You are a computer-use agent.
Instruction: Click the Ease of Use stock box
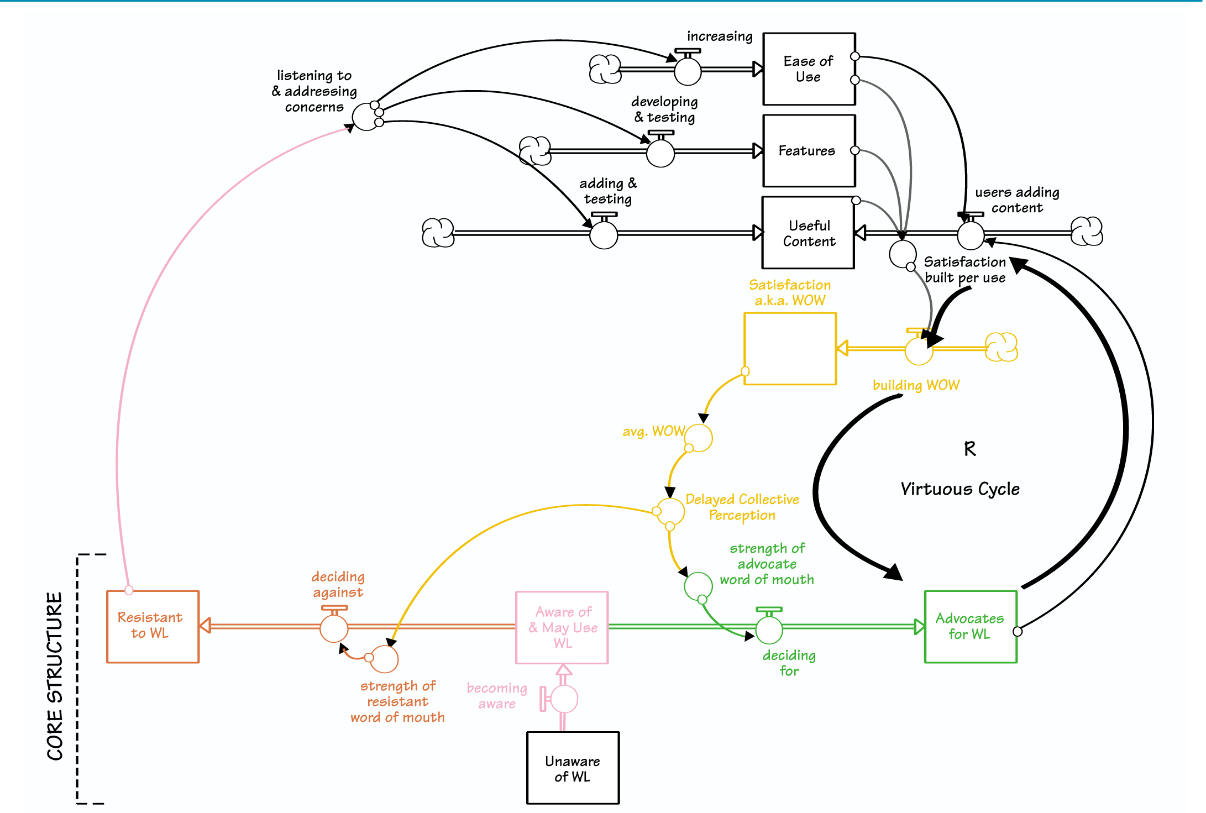click(809, 69)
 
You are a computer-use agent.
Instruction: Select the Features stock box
click(809, 151)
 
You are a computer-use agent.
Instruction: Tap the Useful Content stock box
click(808, 233)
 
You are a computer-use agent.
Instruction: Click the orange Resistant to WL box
click(153, 626)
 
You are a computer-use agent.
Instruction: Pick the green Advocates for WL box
click(970, 626)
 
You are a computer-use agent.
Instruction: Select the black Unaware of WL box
click(573, 768)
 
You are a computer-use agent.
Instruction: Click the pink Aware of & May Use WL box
click(562, 627)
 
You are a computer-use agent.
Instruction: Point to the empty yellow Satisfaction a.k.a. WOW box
click(790, 349)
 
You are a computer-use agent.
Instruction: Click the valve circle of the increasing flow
click(688, 71)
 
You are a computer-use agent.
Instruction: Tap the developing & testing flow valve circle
click(660, 153)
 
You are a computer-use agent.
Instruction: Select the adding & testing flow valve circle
click(604, 235)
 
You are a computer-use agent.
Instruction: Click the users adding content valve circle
click(971, 235)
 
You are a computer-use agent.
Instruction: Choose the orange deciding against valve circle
click(334, 628)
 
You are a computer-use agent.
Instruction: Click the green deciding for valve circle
click(769, 630)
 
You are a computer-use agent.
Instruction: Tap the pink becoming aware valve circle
click(564, 699)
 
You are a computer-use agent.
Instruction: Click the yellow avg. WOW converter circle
click(699, 438)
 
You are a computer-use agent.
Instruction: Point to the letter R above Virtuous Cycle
click(969, 448)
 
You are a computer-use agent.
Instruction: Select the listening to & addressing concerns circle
click(366, 117)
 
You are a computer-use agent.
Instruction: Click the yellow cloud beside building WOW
click(1001, 347)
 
